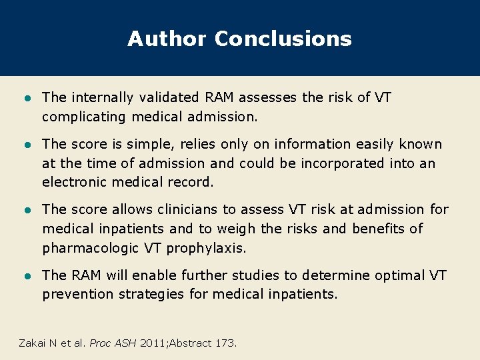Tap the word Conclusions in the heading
click(283, 39)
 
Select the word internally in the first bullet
click(99, 98)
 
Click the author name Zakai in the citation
click(34, 343)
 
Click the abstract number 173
click(225, 343)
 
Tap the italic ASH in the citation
click(126, 343)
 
